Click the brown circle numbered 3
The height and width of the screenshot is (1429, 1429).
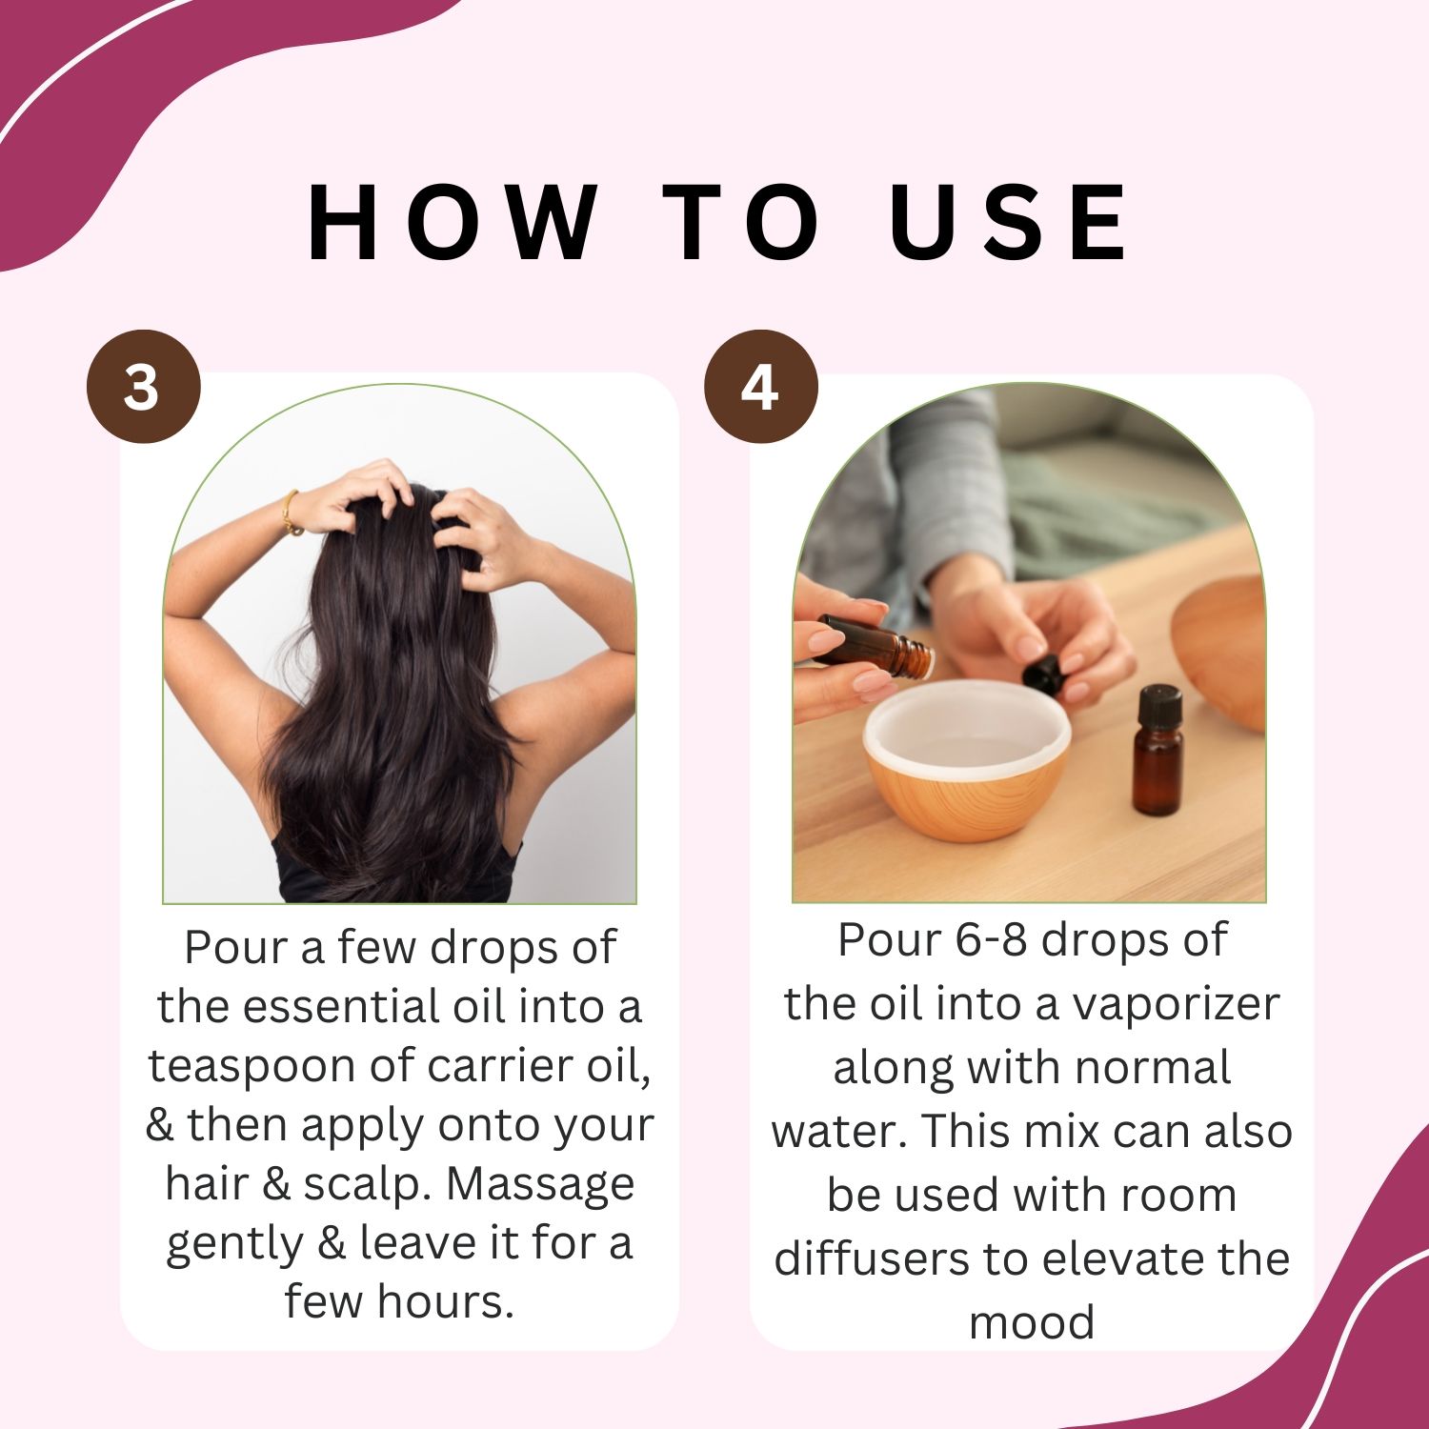point(143,387)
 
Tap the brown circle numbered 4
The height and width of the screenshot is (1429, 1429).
point(760,387)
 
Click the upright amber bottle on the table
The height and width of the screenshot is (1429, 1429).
point(1157,750)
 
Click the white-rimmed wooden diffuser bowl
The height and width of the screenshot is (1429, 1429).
point(967,760)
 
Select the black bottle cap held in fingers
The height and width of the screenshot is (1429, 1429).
point(1044,674)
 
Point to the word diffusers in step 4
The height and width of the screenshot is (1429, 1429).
point(873,1258)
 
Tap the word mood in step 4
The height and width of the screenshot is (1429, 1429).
point(1032,1323)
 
